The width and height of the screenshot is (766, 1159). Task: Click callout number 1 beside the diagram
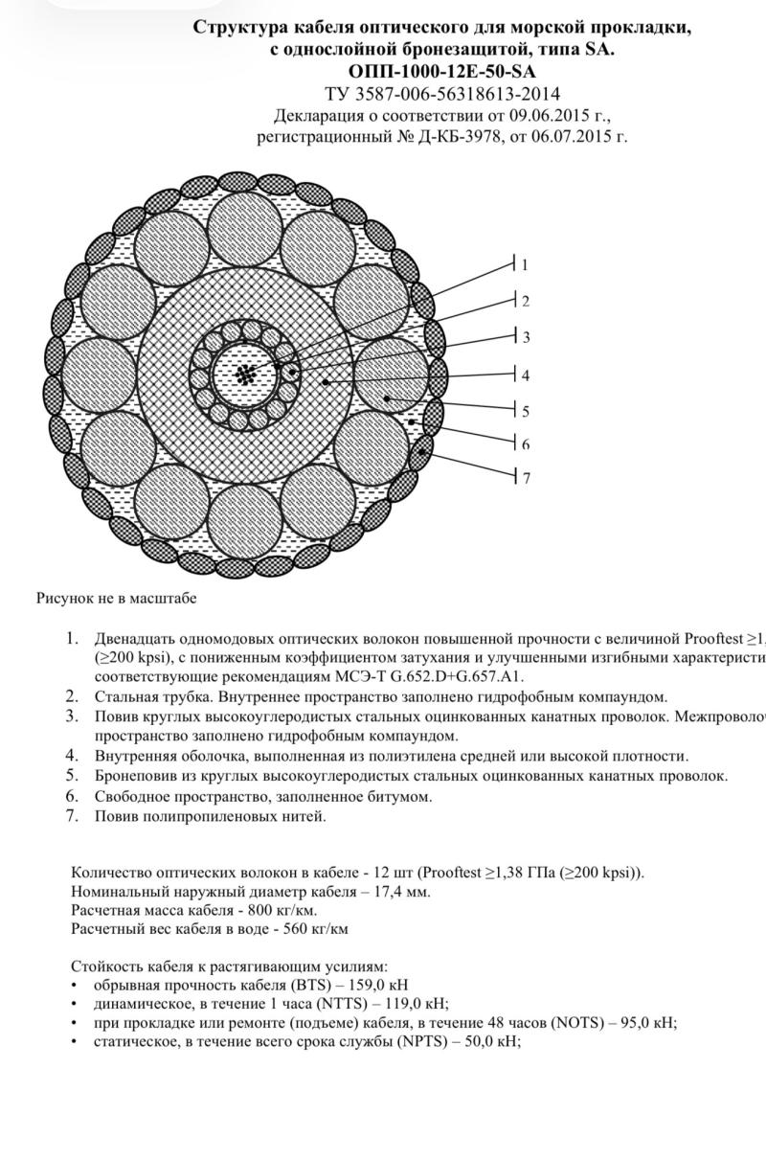pos(525,265)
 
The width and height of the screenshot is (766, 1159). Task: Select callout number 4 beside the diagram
pos(525,375)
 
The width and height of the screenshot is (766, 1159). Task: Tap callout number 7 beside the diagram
pos(526,477)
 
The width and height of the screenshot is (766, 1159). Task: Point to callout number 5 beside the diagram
pos(525,412)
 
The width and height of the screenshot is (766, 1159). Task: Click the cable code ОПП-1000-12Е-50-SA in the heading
pos(441,72)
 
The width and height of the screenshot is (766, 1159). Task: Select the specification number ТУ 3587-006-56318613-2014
pos(441,94)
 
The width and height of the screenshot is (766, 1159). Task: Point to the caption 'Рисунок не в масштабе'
pos(116,599)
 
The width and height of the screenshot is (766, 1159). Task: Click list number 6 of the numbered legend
pos(72,796)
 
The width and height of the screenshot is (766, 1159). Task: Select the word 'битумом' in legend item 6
pos(399,796)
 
